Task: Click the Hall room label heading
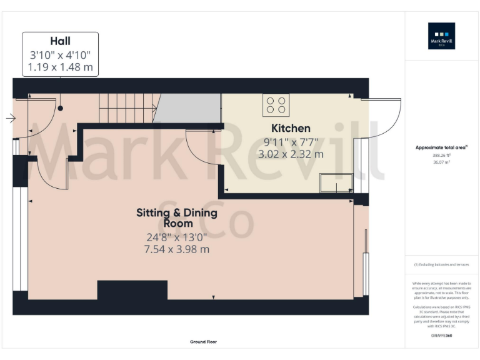tap(60, 41)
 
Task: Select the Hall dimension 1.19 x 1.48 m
tap(60, 67)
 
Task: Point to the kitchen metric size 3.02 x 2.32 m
tap(293, 154)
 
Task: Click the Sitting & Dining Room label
tap(177, 217)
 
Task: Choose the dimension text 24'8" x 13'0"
tap(177, 237)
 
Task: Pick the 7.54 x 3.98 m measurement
tap(177, 249)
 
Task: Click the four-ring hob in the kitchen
tap(276, 105)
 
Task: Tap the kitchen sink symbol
tap(336, 183)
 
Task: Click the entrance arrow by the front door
tap(11, 117)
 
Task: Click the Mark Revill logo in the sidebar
tap(441, 36)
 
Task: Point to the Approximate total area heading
tap(441, 147)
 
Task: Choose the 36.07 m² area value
tap(441, 162)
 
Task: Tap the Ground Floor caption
tap(204, 342)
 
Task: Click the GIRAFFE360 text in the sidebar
tap(441, 336)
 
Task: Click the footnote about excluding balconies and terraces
tap(441, 264)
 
